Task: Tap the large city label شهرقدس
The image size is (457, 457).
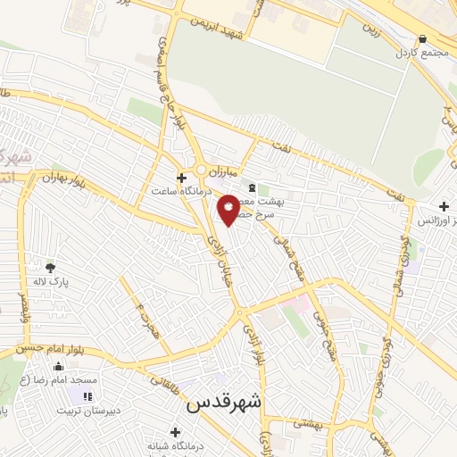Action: (x=223, y=403)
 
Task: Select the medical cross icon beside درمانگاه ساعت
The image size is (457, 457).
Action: (x=181, y=178)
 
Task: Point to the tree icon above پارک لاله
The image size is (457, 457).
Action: (x=50, y=267)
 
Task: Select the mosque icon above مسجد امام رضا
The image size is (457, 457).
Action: (x=59, y=366)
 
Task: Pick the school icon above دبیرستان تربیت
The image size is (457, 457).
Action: (x=87, y=396)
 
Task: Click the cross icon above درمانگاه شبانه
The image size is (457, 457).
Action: (x=175, y=432)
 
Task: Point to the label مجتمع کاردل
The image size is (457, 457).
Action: (x=420, y=53)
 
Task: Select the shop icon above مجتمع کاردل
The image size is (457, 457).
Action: (x=421, y=38)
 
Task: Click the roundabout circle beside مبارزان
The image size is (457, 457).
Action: (x=203, y=170)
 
